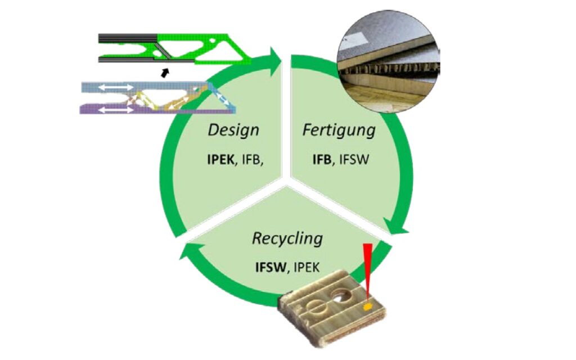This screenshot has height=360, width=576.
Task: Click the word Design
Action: coord(233,130)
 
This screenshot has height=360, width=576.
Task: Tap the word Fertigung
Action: coord(339,130)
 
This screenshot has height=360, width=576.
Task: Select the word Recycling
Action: coord(287,238)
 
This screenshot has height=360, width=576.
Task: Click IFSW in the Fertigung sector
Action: coord(353,159)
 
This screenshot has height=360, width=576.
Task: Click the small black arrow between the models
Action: coord(164,71)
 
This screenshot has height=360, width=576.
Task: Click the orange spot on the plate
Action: coord(367,307)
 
